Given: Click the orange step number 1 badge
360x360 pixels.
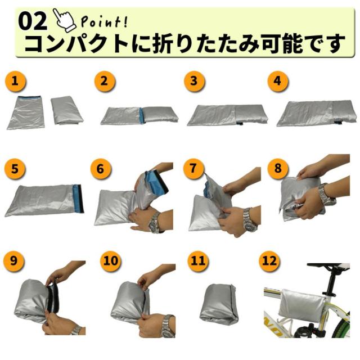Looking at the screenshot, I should [x=18, y=82].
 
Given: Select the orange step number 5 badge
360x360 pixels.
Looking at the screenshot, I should [x=18, y=168].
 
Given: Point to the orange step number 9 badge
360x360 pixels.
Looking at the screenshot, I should [x=18, y=260].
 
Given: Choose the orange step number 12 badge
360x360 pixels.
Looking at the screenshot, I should [x=269, y=260].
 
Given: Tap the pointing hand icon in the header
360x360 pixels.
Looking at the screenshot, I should [x=65, y=19].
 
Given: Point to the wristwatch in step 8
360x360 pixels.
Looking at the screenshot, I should [x=325, y=195].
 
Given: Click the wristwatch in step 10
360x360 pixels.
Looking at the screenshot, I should [x=168, y=325].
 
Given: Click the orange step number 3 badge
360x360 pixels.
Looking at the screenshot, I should [x=194, y=82].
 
